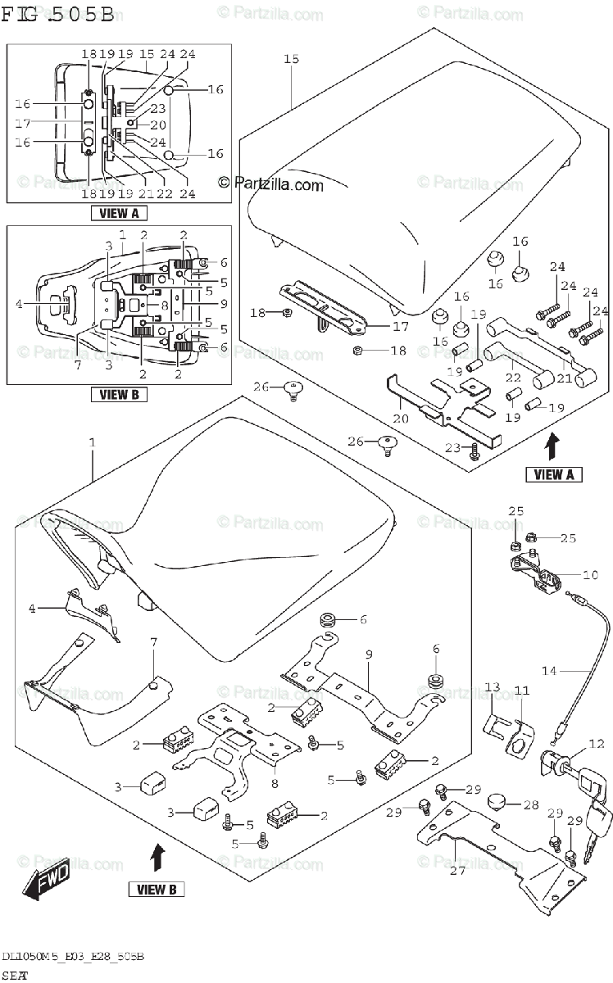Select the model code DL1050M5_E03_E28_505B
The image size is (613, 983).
[x=73, y=957]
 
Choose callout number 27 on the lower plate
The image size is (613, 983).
[x=457, y=869]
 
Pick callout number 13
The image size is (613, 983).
[x=492, y=686]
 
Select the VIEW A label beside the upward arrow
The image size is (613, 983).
[x=553, y=473]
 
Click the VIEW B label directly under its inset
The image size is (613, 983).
[x=119, y=394]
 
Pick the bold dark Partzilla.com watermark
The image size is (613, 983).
[x=270, y=183]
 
